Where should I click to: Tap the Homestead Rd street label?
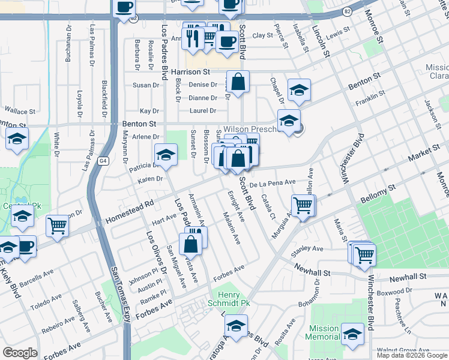(x=129, y=212)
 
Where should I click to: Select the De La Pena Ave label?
(x=273, y=182)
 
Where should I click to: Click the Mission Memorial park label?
(x=324, y=332)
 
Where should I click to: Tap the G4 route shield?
(x=103, y=161)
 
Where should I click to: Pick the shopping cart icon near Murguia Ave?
(x=303, y=206)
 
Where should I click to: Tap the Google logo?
(x=20, y=352)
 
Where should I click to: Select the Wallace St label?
(x=20, y=110)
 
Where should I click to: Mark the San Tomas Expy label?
(x=120, y=294)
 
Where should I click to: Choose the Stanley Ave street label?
(x=307, y=248)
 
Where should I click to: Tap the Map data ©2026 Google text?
(x=412, y=355)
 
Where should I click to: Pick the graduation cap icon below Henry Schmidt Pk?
(x=237, y=327)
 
